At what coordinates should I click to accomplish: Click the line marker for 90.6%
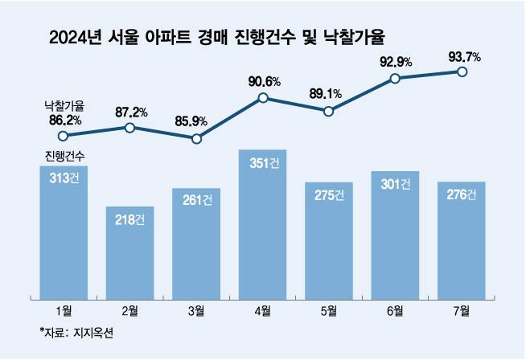point(262,99)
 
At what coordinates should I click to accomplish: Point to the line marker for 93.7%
point(462,72)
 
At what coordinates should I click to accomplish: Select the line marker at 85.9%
point(196,138)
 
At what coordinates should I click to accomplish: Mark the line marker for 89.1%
point(328,112)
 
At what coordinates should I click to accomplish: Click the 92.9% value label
point(394,61)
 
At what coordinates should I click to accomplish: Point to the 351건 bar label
point(262,163)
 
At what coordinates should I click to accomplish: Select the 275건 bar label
point(328,194)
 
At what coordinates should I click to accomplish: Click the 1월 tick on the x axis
point(64,309)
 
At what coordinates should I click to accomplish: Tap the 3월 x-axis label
point(196,309)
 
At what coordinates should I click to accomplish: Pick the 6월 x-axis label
point(395,309)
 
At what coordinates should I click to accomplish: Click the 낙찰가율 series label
point(64,105)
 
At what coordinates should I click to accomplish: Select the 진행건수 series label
point(64,155)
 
